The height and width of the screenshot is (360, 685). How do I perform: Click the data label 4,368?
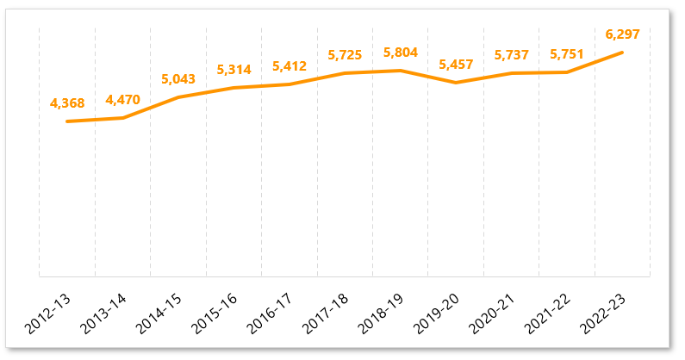click(x=67, y=103)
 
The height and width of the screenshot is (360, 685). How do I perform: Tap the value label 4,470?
click(x=122, y=100)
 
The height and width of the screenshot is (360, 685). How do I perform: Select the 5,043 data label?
click(x=178, y=79)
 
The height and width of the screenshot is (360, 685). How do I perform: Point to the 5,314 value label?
click(x=234, y=70)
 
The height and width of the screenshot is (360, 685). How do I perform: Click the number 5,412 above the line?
click(x=290, y=66)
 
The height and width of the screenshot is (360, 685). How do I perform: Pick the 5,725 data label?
click(x=345, y=55)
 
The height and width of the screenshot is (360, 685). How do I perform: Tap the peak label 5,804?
click(x=401, y=53)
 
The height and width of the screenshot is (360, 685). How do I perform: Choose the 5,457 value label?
click(x=456, y=65)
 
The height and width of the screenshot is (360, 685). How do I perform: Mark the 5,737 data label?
click(x=512, y=55)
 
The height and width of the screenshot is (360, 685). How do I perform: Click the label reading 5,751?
click(x=567, y=54)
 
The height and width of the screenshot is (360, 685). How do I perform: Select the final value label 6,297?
click(x=623, y=34)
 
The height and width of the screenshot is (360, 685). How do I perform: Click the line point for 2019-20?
click(x=456, y=83)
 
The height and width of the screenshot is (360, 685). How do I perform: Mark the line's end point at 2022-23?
click(x=623, y=53)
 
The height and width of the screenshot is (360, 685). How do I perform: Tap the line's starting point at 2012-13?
click(x=67, y=121)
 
